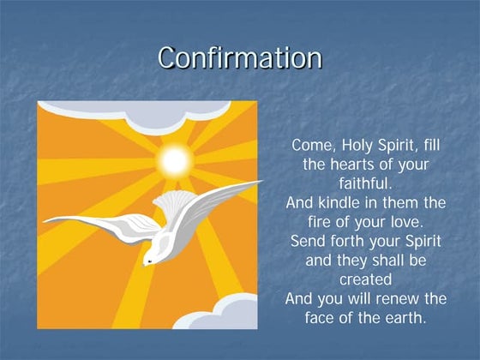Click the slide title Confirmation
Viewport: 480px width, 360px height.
tap(240, 57)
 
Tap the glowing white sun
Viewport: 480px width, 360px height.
tap(175, 159)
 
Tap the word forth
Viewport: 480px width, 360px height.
tap(349, 241)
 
